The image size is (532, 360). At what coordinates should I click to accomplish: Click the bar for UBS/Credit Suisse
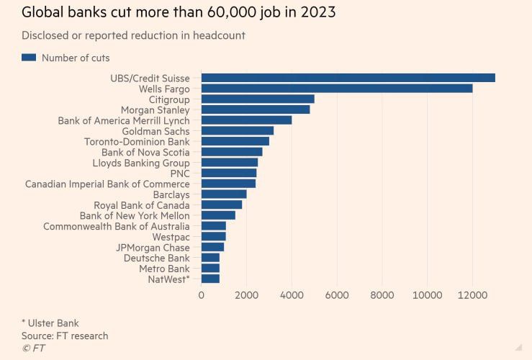coord(348,78)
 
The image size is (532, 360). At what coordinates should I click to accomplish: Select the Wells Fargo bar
coord(337,89)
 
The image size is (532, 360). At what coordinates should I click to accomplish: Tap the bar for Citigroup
coord(258,99)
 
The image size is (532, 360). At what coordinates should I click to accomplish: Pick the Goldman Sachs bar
coord(238,131)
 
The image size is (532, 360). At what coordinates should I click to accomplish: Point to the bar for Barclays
coord(224,194)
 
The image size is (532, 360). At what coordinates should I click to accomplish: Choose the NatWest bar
coord(210,279)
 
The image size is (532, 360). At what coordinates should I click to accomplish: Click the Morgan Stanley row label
coord(155,110)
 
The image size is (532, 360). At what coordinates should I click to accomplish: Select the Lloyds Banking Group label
coord(141,163)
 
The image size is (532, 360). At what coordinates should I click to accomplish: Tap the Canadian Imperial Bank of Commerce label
coord(107,184)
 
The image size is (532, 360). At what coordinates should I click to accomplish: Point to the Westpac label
coord(171,237)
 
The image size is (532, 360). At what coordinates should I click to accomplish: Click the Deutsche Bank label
coord(156,258)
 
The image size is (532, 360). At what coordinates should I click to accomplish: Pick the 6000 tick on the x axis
coord(337,294)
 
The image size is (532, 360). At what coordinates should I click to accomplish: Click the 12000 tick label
coord(472,294)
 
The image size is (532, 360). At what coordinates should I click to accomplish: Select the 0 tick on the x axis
coord(202,294)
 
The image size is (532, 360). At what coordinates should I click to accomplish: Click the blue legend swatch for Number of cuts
coord(29,58)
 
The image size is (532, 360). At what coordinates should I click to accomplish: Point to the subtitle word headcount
coord(219,35)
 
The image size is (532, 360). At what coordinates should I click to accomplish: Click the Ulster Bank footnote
coord(51,322)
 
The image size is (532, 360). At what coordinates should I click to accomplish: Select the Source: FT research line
coord(65,336)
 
